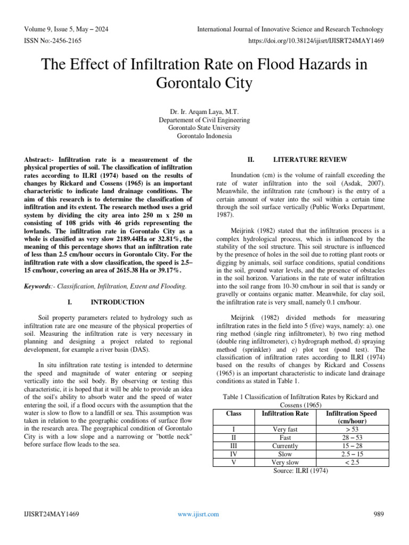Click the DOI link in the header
[315, 40]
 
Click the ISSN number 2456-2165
[52, 40]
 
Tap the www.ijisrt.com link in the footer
[198, 514]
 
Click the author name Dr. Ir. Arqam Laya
[204, 112]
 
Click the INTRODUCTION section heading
[117, 302]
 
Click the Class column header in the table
[233, 413]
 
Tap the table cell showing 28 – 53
[351, 437]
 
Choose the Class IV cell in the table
[233, 454]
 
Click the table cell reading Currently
[285, 445]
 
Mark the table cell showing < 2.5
[351, 463]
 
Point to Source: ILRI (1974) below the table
[300, 470]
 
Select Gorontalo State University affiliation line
[204, 128]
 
